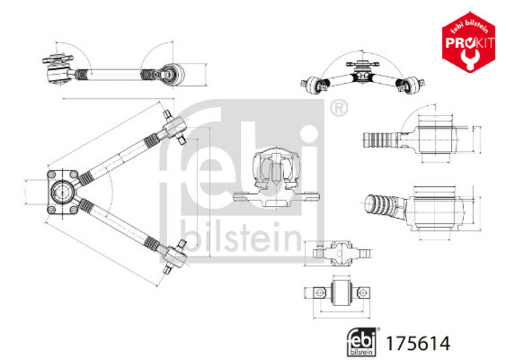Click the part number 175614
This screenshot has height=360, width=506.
coord(418,344)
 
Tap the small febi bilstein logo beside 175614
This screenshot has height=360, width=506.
coord(362,342)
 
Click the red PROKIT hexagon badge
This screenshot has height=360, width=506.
coord(469,42)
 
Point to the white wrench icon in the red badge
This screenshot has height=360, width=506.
coord(469,58)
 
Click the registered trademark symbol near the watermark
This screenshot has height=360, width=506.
coord(339,108)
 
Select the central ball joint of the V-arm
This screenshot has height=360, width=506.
coord(61,192)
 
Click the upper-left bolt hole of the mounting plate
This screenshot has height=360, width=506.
coord(52,174)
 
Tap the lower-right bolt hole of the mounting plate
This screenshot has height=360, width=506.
coord(74,210)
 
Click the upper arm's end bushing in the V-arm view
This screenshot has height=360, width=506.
coord(175,127)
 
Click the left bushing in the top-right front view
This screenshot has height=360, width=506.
coord(315,85)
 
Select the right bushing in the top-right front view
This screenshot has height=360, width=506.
coord(410,85)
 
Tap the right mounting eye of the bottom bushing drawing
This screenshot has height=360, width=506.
coord(363,293)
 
